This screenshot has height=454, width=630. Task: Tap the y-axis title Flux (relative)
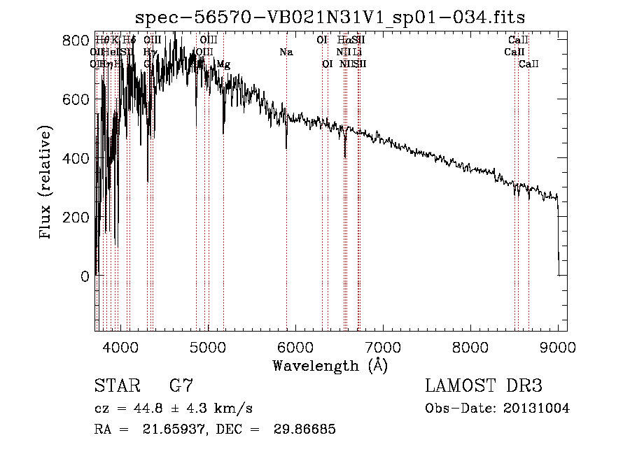tap(46, 184)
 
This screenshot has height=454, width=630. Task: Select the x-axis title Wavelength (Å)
tap(330, 365)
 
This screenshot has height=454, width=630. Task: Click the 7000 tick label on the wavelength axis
tap(383, 346)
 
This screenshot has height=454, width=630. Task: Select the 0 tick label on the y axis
tap(85, 276)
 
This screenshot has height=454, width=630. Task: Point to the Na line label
tap(286, 52)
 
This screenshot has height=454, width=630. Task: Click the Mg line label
tap(223, 64)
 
